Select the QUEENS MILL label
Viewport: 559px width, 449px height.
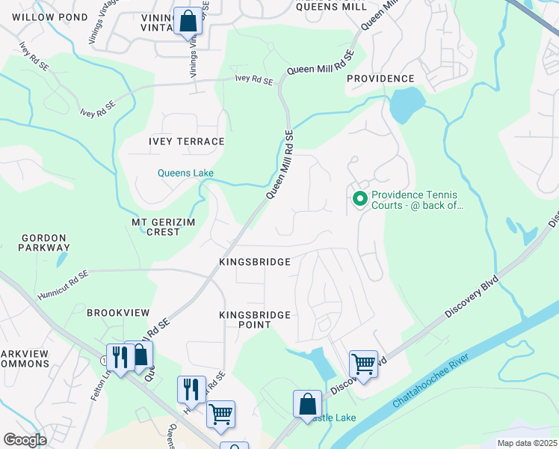pyautogui.click(x=331, y=7)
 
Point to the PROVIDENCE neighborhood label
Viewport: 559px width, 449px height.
pyautogui.click(x=380, y=79)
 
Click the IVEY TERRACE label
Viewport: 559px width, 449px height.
pyautogui.click(x=186, y=141)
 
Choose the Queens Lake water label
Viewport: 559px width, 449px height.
pyautogui.click(x=185, y=173)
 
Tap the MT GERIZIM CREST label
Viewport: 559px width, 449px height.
pyautogui.click(x=156, y=227)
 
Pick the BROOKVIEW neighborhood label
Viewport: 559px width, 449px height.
pyautogui.click(x=118, y=312)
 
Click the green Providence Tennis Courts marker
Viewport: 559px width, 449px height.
pyautogui.click(x=359, y=198)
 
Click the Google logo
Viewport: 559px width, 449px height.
pyautogui.click(x=25, y=439)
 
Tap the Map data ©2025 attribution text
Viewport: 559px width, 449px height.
pyautogui.click(x=527, y=443)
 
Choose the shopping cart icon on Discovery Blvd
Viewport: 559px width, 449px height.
pyautogui.click(x=363, y=364)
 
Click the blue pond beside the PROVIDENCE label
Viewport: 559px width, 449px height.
pyautogui.click(x=407, y=105)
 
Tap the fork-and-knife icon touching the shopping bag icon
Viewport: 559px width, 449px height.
pyautogui.click(x=120, y=358)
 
